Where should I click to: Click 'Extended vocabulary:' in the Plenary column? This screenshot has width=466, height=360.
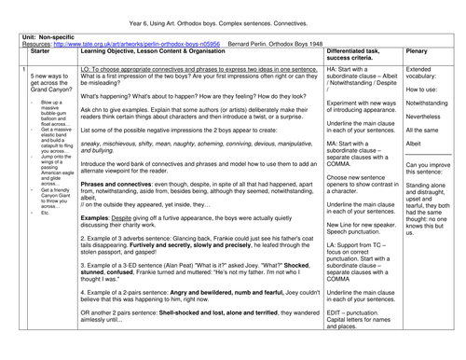pos(424,75)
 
